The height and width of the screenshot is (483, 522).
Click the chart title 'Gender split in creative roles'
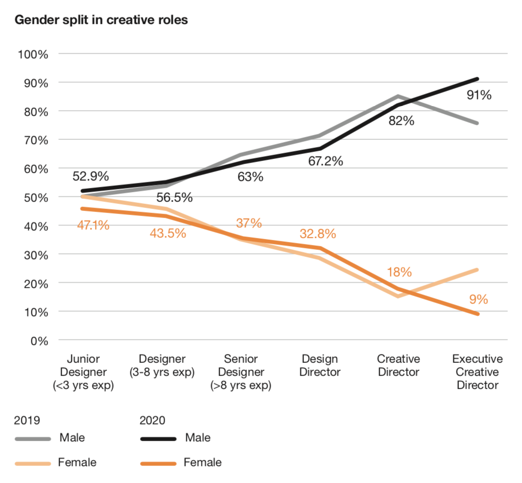point(101,21)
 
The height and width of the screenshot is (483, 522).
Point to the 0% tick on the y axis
point(38,341)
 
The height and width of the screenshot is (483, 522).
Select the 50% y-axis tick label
point(35,197)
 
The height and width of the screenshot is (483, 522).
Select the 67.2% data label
point(326,162)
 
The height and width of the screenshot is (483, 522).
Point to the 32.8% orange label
point(318,234)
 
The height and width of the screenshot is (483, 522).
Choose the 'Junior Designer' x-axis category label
point(83,372)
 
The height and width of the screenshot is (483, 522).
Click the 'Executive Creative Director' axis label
point(477,372)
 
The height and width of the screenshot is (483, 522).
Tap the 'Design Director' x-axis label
point(321,366)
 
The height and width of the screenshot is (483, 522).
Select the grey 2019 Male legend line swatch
point(33,439)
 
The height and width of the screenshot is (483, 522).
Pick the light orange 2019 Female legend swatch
point(33,463)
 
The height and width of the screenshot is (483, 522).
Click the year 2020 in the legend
point(152,420)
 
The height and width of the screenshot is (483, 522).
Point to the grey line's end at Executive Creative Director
point(477,123)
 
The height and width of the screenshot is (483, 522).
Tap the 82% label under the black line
point(401,121)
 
